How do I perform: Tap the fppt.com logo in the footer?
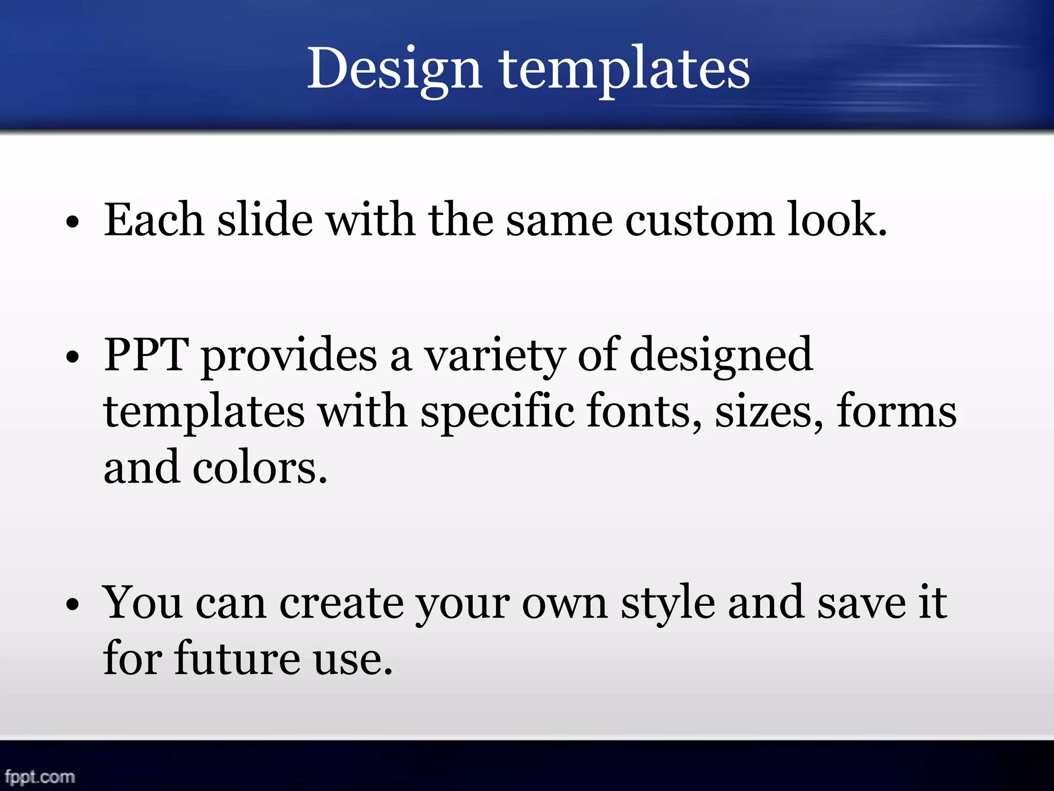[x=40, y=776]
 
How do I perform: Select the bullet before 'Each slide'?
[x=73, y=223]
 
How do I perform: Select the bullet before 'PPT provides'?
[x=73, y=357]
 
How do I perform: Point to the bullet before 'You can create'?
[x=73, y=605]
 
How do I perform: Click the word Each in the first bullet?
[x=154, y=220]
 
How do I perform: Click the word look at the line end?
[x=837, y=220]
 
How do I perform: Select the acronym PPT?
[x=146, y=355]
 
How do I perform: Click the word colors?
[x=260, y=468]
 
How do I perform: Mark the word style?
[x=668, y=604]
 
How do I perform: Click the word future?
[x=237, y=659]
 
